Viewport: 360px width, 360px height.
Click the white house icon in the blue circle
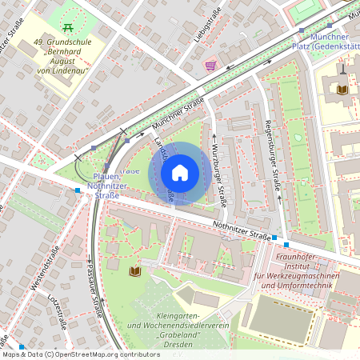click(x=180, y=173)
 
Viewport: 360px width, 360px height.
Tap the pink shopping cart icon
click(x=210, y=66)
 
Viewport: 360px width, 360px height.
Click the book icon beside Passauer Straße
click(x=134, y=272)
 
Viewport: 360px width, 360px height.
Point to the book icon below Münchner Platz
click(x=343, y=90)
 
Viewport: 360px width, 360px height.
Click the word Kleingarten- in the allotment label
click(x=168, y=318)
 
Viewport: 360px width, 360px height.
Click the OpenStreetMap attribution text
click(x=99, y=354)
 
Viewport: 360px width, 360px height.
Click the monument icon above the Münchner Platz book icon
click(x=343, y=70)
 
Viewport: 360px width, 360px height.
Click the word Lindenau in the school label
click(x=79, y=70)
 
